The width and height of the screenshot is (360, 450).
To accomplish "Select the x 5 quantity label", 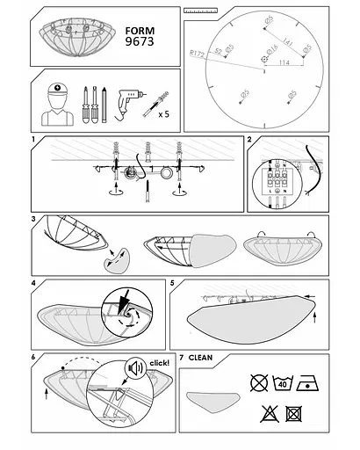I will point(164,114).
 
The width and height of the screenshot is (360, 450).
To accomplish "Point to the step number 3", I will point(32,218).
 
